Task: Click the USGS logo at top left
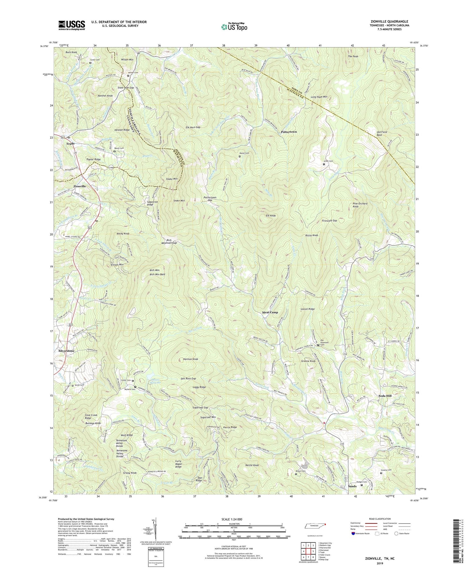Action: click(x=72, y=25)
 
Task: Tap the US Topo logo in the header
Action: click(x=234, y=27)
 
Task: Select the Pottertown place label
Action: click(x=289, y=132)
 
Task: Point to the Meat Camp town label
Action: click(x=270, y=313)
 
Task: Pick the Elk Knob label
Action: click(x=270, y=216)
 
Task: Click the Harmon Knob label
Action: click(x=190, y=359)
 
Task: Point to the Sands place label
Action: click(x=352, y=486)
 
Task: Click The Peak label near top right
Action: click(x=353, y=56)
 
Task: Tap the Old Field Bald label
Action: click(x=379, y=133)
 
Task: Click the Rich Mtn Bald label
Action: click(x=157, y=274)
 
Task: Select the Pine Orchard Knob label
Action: click(x=360, y=205)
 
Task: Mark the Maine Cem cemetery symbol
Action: click(x=240, y=156)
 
